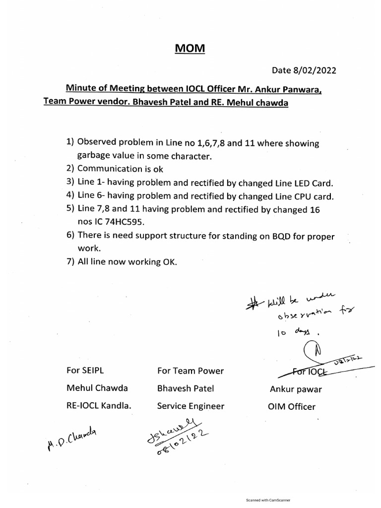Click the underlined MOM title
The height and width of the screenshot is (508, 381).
[x=191, y=49]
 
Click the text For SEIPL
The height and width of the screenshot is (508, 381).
[x=85, y=371]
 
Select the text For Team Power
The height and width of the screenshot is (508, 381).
[x=190, y=371]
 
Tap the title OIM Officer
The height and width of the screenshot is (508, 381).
[x=291, y=406]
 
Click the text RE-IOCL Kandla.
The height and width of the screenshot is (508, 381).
[x=99, y=406]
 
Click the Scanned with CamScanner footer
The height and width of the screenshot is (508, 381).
[x=268, y=501]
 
